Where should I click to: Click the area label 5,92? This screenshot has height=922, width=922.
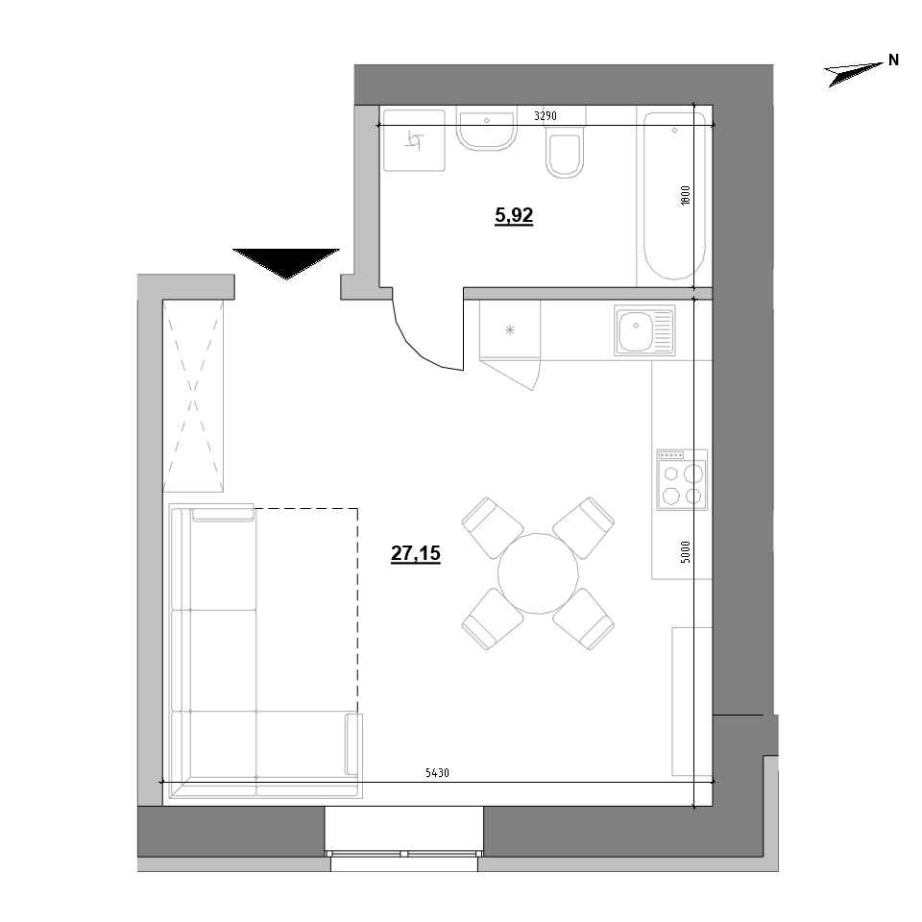[x=513, y=217]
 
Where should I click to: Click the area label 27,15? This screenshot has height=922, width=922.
[x=416, y=553]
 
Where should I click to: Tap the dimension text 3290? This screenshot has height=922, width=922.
[x=546, y=117]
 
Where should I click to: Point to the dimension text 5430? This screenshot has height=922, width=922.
[x=437, y=773]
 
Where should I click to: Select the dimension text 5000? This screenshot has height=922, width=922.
[x=684, y=553]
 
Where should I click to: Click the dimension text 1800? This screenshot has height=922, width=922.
[x=684, y=194]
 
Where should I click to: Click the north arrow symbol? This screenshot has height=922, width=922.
[x=854, y=72]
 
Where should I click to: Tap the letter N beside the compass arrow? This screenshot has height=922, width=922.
[x=893, y=60]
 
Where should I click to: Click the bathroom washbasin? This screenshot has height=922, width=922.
[x=488, y=131]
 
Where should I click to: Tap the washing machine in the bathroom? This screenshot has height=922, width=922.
[x=414, y=141]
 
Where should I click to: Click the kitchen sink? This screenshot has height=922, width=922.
[x=644, y=329]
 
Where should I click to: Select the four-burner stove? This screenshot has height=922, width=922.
[x=682, y=479]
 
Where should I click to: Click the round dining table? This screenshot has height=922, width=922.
[x=538, y=573]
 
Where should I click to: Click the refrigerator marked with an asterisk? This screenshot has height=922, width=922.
[x=509, y=330]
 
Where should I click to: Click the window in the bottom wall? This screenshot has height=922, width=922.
[x=403, y=851]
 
